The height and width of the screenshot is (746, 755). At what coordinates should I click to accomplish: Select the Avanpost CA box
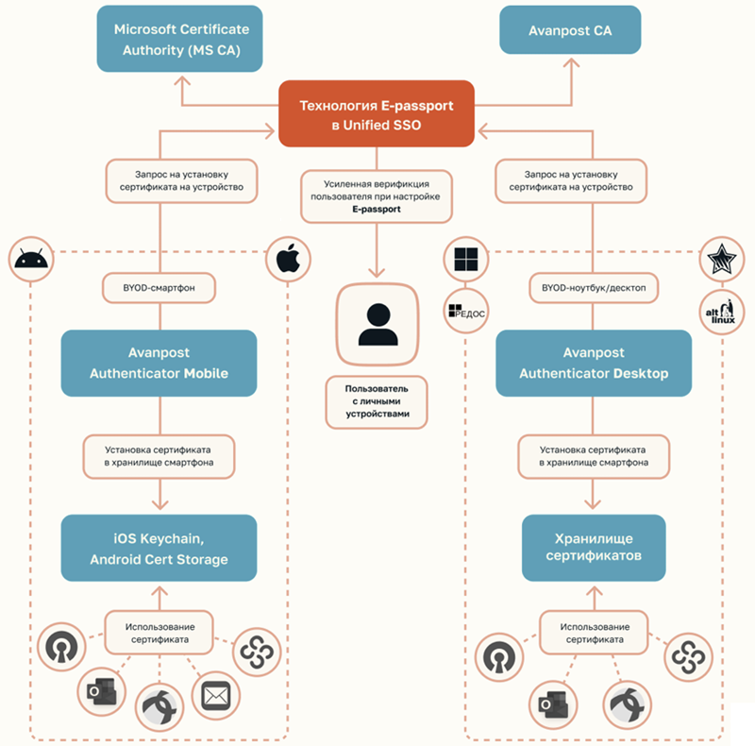click(570, 31)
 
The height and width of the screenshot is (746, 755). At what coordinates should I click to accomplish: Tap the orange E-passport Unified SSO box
click(377, 113)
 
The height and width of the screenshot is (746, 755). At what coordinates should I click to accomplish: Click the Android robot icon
click(33, 259)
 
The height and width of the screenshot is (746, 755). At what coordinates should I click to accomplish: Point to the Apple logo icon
click(288, 258)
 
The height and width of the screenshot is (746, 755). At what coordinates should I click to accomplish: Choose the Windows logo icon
click(467, 259)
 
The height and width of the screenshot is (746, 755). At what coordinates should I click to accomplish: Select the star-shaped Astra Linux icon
click(722, 257)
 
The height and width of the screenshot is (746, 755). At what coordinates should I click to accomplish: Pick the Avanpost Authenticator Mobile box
click(159, 362)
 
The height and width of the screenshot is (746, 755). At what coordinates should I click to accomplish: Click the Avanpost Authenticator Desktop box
click(594, 362)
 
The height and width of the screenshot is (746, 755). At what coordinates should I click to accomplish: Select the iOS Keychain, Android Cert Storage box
click(159, 548)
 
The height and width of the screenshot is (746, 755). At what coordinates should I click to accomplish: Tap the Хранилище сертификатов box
click(594, 548)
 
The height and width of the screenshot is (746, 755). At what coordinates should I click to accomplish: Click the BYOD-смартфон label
click(159, 284)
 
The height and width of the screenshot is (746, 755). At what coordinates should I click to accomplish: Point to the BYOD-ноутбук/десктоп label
click(594, 284)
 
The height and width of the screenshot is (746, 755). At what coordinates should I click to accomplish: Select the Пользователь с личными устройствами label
click(377, 401)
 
